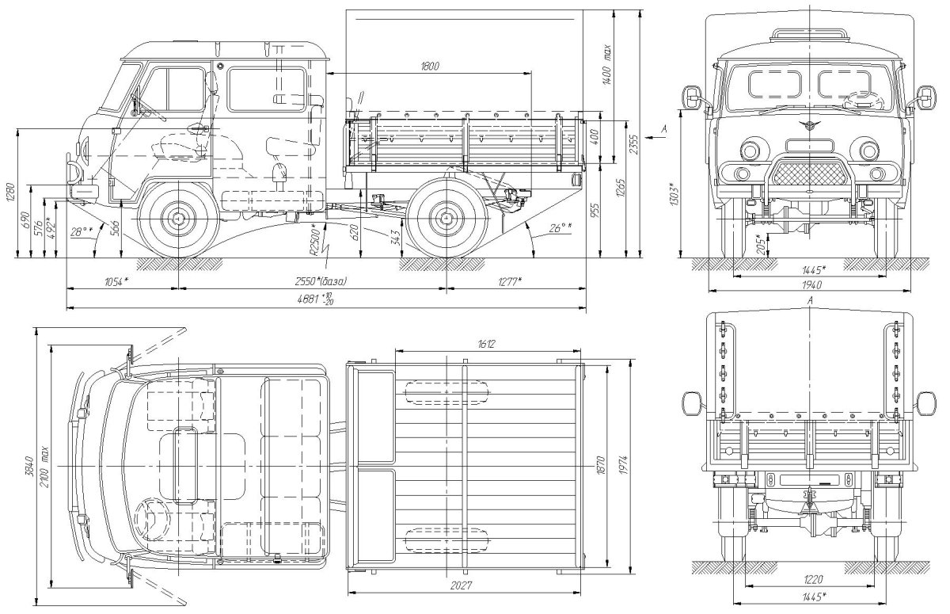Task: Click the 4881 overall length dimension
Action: coord(315,299)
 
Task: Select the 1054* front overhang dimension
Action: coord(116,281)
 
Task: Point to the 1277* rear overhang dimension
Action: coord(509,281)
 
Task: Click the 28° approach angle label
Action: coord(82,232)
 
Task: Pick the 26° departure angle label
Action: coord(560,228)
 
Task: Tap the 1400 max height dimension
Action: coord(606,63)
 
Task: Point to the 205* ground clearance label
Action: coord(762,245)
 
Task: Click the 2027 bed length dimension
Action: coord(461,585)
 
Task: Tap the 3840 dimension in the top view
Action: coord(29,466)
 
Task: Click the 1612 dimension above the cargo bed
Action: coord(486,344)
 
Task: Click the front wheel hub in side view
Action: coord(179,218)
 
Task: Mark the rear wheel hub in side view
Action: coord(446,218)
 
